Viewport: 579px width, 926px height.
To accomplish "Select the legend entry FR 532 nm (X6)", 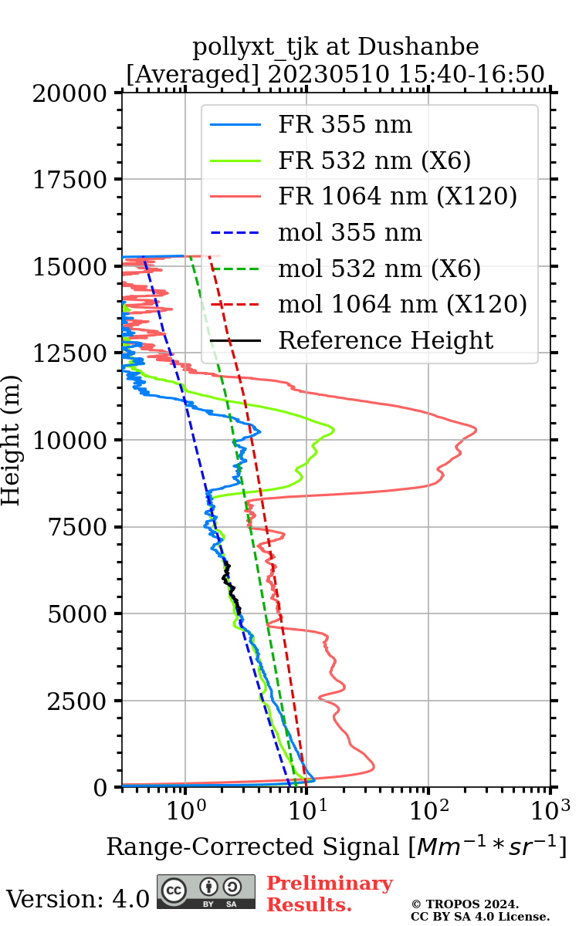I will pos(374,161).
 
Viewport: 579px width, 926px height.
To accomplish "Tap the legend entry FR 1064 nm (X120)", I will pos(398,197).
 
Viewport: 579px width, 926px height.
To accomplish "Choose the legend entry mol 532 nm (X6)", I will pos(379,269).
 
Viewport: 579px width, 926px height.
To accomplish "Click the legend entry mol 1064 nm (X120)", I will pos(402,304).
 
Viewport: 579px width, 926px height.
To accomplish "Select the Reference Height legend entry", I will pos(385,340).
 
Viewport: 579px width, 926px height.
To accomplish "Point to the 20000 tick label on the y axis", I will pos(70,93).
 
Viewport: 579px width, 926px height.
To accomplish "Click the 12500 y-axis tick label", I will pos(70,353).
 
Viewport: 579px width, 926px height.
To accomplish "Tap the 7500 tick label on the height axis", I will pos(76,527).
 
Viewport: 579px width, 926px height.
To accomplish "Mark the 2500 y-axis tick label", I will pos(76,701).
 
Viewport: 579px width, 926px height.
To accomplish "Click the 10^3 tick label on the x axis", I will pos(550,809).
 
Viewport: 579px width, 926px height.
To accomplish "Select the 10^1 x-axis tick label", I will pos(306,809).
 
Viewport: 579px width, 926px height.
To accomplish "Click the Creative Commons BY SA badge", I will pos(206,892).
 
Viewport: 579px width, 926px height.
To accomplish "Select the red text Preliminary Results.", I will pos(330,894).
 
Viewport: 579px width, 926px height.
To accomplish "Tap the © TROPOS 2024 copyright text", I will pos(465,904).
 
